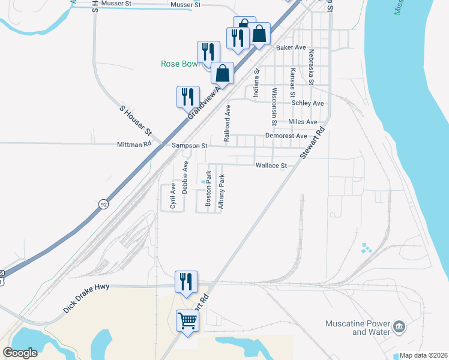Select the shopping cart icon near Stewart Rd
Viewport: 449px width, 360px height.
187,322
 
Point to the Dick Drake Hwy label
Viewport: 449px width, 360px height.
86,298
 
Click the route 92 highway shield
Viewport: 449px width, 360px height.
104,203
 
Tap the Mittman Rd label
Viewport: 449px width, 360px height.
134,145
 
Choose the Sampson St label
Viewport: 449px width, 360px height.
189,145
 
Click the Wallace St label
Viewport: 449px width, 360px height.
271,165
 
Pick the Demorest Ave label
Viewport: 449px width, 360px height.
286,136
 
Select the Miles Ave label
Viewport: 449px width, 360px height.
303,122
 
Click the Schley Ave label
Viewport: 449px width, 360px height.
307,103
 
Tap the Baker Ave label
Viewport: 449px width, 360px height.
291,47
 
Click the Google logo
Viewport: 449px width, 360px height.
20,352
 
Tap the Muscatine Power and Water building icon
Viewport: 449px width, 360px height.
399,328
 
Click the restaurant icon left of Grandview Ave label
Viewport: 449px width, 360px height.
187,96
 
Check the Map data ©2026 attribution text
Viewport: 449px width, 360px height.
424,355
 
